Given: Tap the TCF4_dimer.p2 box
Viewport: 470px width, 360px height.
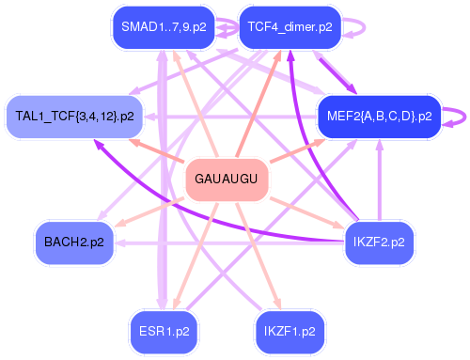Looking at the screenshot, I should pyautogui.click(x=286, y=27).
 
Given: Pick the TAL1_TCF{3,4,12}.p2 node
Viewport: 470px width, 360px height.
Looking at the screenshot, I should pyautogui.click(x=74, y=117).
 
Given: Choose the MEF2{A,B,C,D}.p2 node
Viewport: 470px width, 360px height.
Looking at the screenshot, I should pyautogui.click(x=379, y=117).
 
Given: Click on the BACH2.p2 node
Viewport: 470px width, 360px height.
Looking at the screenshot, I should pyautogui.click(x=74, y=242).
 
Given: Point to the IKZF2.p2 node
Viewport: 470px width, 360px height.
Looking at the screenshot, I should pyautogui.click(x=380, y=242).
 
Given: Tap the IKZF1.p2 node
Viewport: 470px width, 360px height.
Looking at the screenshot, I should pyautogui.click(x=290, y=331).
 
